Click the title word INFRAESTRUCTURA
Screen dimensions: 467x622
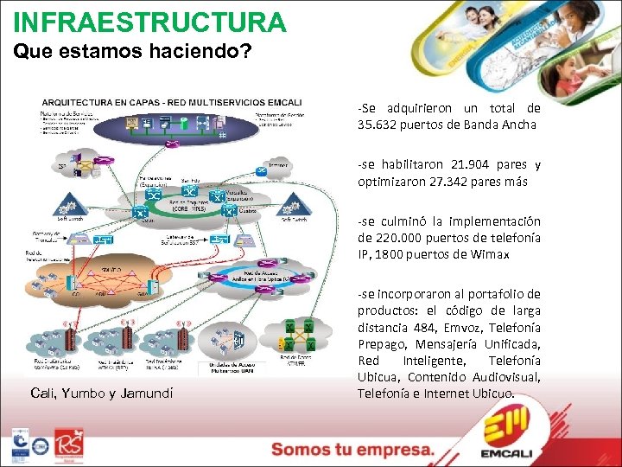pos(149,22)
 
